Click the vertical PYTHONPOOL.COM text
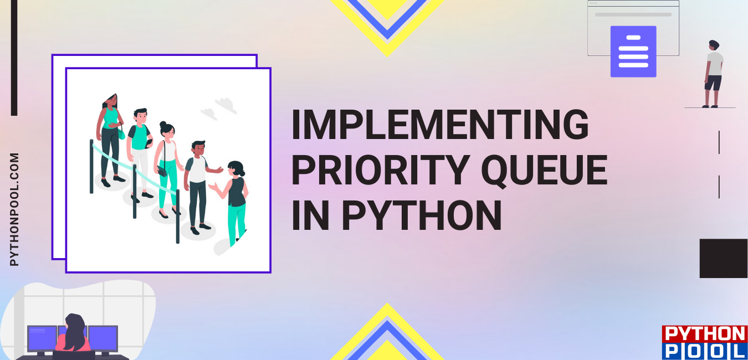[14, 209]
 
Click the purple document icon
[633, 51]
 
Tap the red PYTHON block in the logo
[704, 334]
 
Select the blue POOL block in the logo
[704, 351]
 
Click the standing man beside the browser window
[713, 74]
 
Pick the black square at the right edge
[723, 258]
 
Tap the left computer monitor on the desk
[42, 338]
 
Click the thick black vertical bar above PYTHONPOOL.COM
[14, 58]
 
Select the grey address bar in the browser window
[633, 15]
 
